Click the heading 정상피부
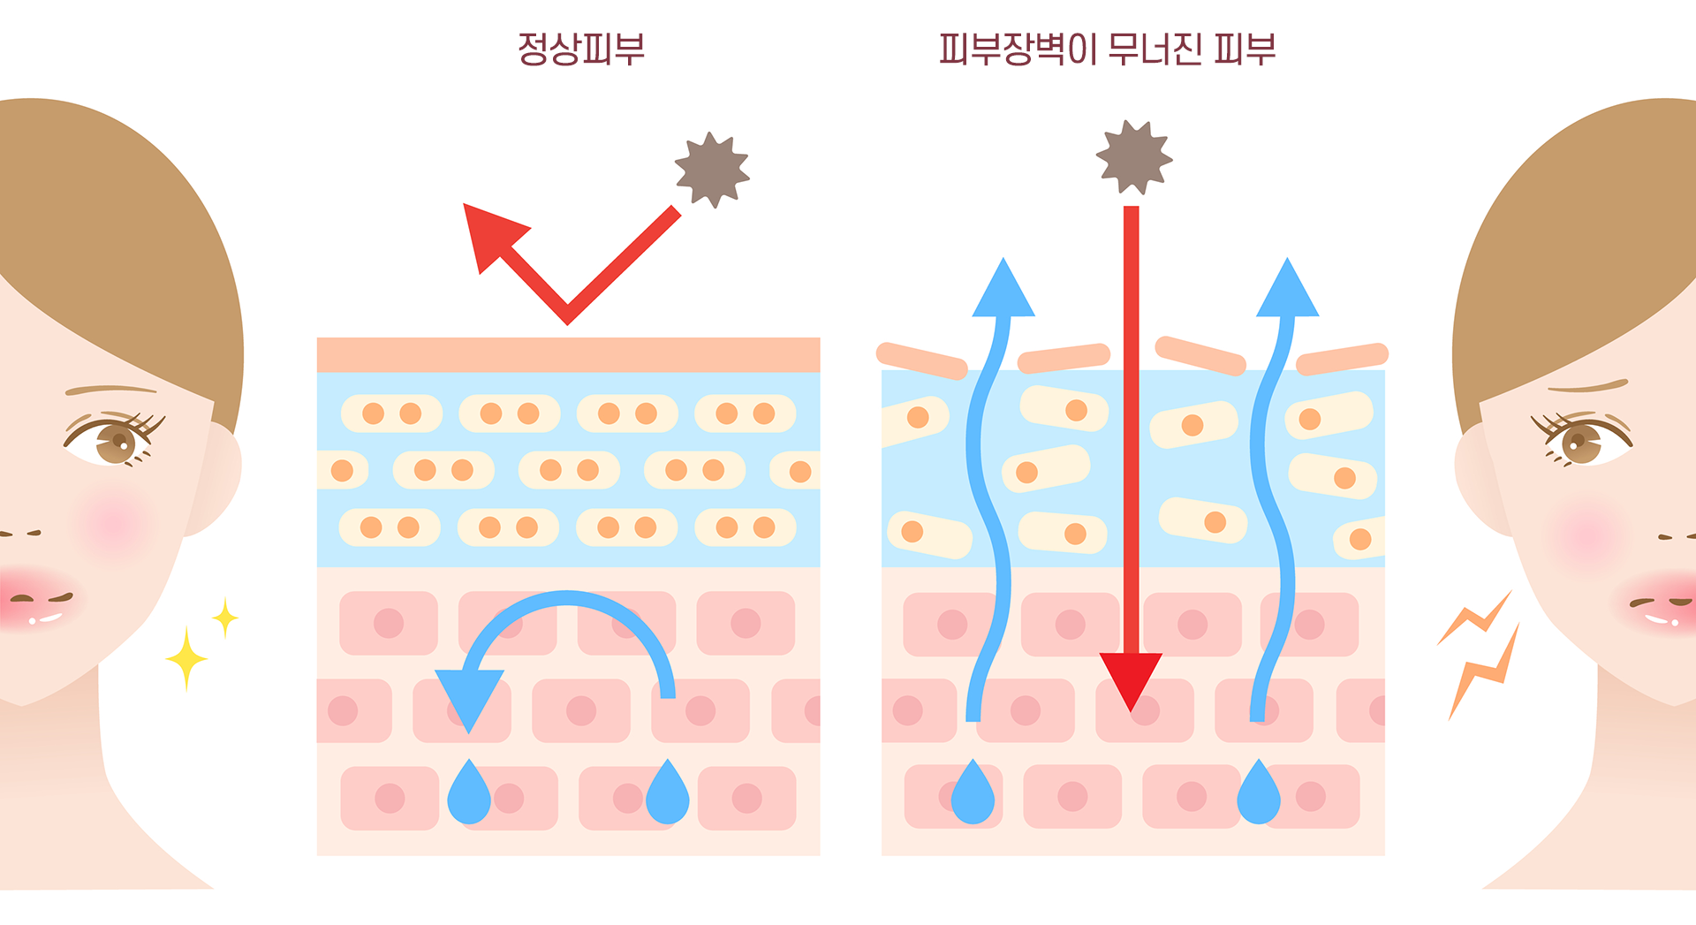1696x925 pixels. [581, 49]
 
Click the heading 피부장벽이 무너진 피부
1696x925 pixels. [1107, 49]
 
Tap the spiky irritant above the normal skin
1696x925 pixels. [712, 170]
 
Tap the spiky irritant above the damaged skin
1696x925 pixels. [1133, 157]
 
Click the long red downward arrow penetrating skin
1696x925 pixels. [1132, 442]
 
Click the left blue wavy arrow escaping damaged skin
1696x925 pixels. [988, 495]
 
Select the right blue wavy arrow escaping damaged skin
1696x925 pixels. [1272, 495]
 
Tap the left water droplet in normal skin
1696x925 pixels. [469, 795]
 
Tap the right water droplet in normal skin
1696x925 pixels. [668, 795]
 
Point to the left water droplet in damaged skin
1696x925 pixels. [973, 795]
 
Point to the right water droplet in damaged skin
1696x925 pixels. [1259, 795]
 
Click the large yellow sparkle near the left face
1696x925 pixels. [186, 659]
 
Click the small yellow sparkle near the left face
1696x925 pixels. [225, 617]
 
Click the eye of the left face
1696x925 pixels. [115, 437]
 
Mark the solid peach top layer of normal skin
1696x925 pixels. [568, 354]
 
